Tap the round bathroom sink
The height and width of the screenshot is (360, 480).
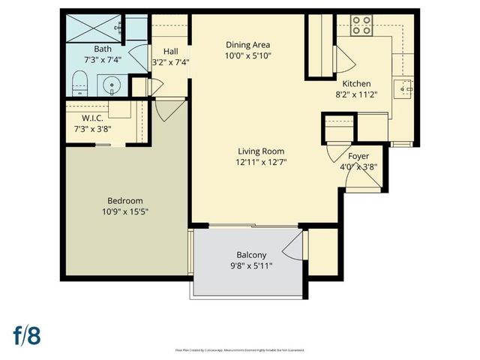tap(112, 84)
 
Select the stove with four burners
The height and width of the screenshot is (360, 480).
tap(361, 26)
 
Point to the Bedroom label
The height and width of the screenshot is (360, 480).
tap(125, 200)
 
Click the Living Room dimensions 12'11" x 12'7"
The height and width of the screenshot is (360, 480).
tap(262, 161)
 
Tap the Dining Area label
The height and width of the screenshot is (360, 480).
tap(248, 45)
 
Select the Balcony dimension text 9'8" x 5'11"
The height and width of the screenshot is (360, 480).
tap(250, 265)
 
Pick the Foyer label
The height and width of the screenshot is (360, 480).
tap(359, 157)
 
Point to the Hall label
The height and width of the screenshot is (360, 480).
tap(170, 51)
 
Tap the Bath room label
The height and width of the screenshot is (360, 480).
tap(103, 49)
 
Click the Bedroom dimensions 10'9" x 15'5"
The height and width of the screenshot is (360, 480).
tap(125, 211)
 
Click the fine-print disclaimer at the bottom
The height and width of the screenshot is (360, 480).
tap(239, 349)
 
